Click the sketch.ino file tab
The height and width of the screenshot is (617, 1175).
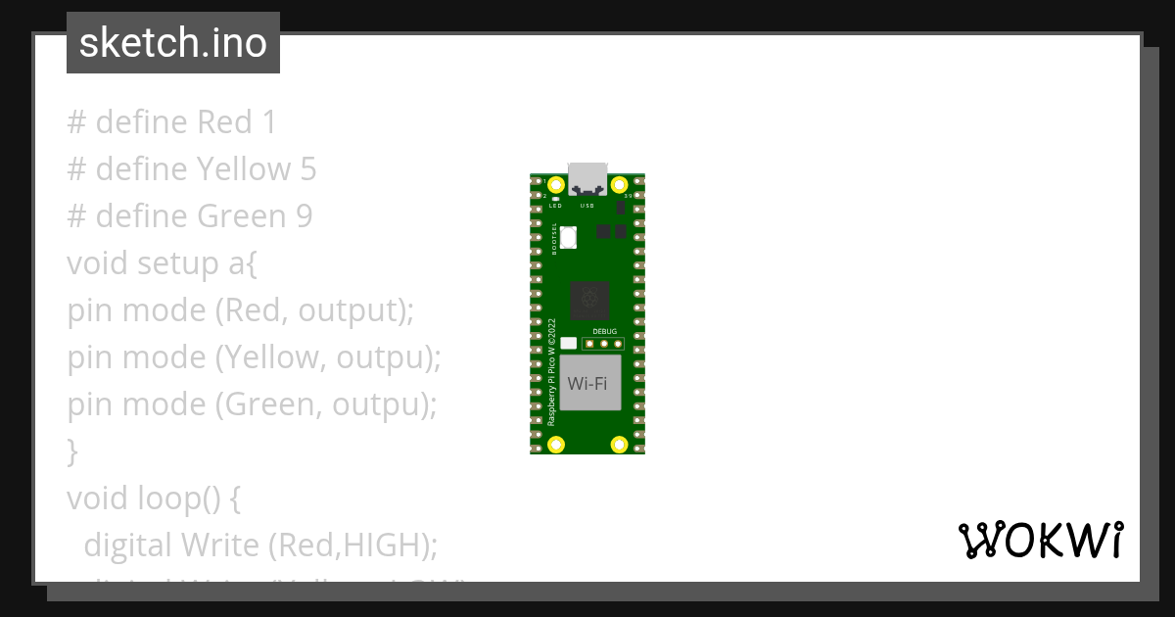(172, 43)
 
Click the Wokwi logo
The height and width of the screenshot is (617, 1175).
(1040, 540)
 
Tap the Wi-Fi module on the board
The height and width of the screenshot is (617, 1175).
(590, 382)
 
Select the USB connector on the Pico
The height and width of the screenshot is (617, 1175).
(587, 177)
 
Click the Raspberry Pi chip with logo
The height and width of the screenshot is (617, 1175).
(589, 301)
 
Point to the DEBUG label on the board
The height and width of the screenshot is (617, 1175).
(605, 331)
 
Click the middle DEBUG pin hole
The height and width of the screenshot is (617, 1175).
(605, 344)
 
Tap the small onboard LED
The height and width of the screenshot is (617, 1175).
(556, 199)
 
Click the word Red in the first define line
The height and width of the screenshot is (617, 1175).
(223, 122)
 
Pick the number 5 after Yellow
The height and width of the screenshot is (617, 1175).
(307, 169)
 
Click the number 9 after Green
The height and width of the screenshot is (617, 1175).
(304, 216)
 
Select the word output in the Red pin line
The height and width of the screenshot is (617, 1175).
(350, 310)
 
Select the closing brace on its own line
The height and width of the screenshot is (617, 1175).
(71, 451)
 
